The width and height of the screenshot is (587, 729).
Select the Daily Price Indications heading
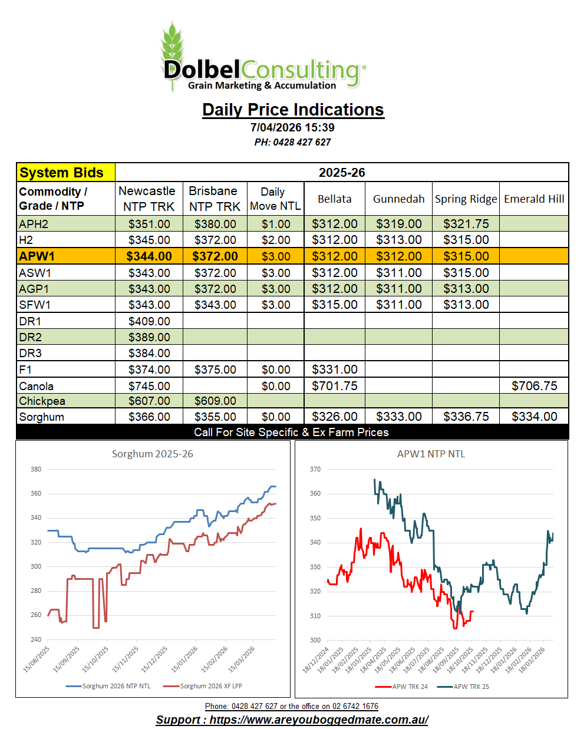(x=293, y=110)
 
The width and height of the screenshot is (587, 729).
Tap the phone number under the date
(x=292, y=142)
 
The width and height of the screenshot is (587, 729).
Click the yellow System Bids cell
(x=65, y=173)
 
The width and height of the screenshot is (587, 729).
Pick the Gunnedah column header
(x=398, y=199)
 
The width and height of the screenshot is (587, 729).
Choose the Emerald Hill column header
(x=534, y=199)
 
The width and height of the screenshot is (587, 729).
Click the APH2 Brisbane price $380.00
(x=215, y=224)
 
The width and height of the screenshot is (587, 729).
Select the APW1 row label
(x=37, y=256)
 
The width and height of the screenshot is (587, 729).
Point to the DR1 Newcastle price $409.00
(x=149, y=321)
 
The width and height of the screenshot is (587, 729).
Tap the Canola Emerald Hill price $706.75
(x=534, y=386)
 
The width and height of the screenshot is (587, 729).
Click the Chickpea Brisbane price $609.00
(x=215, y=401)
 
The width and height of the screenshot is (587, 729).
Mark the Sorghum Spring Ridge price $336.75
(x=466, y=417)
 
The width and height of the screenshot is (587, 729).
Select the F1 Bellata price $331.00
(x=334, y=370)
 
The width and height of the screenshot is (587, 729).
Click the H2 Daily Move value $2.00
(x=276, y=240)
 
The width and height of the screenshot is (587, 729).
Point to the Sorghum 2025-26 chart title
(x=153, y=454)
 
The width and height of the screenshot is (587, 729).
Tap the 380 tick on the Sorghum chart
(x=36, y=469)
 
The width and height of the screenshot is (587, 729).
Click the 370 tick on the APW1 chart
(x=315, y=469)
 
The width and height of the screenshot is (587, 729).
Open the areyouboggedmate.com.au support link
(x=292, y=720)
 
